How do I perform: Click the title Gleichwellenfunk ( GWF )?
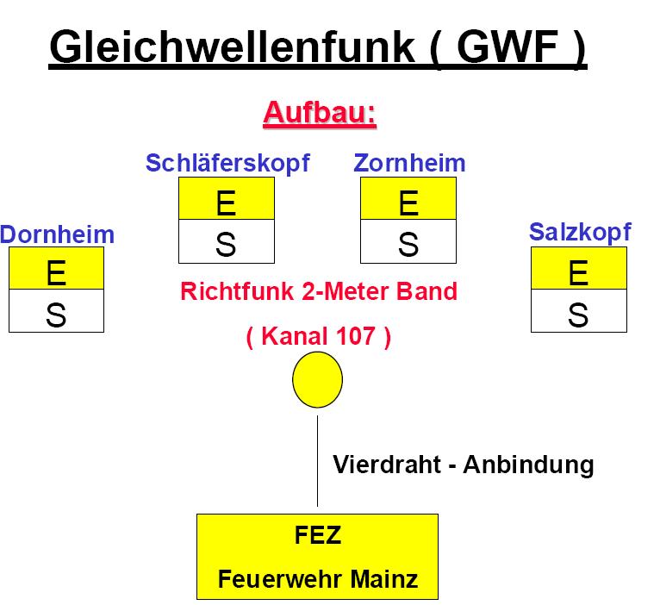coord(318,48)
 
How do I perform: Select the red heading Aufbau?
coord(320,114)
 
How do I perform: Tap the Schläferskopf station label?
coord(227,163)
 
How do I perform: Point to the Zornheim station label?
coord(409,163)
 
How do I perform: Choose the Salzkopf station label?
coord(579,231)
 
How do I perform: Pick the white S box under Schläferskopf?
coord(226,243)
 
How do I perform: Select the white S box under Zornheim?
coord(408,243)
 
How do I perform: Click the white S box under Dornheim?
coord(56,312)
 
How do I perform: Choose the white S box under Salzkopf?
coord(578,312)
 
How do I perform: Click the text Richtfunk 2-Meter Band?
coord(319,291)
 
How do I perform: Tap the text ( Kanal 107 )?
coord(319,336)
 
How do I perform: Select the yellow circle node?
coord(318,380)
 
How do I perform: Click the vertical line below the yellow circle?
coord(317,461)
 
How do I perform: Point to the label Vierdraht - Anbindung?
coord(464,465)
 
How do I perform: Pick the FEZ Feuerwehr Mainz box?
coord(317,557)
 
